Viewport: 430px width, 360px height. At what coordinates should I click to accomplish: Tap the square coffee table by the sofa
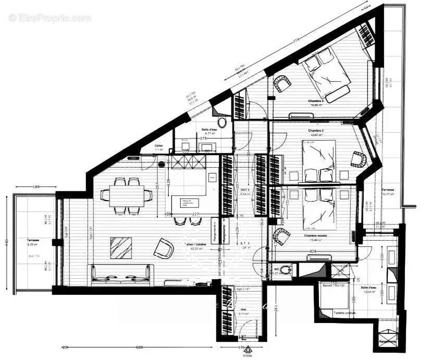point(120,247)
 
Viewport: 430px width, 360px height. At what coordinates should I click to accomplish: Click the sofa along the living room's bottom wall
point(121,274)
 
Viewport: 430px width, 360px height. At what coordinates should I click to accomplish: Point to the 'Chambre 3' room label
point(315,101)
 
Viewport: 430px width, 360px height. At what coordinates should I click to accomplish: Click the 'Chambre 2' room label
point(316,130)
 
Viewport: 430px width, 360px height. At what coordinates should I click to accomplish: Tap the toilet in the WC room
point(286,270)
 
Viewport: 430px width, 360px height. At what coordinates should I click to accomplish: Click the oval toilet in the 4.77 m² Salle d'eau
point(223,123)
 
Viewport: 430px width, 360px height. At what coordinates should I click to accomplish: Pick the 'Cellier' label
point(159,146)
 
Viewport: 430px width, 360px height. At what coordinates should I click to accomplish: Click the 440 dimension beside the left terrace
point(7,242)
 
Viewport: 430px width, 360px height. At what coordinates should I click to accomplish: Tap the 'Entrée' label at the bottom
point(248,355)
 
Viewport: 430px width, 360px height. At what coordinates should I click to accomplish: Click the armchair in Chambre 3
point(282,83)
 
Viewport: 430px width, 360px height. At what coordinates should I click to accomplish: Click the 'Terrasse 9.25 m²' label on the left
point(34,241)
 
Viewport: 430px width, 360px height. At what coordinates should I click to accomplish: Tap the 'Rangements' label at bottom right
point(388,341)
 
